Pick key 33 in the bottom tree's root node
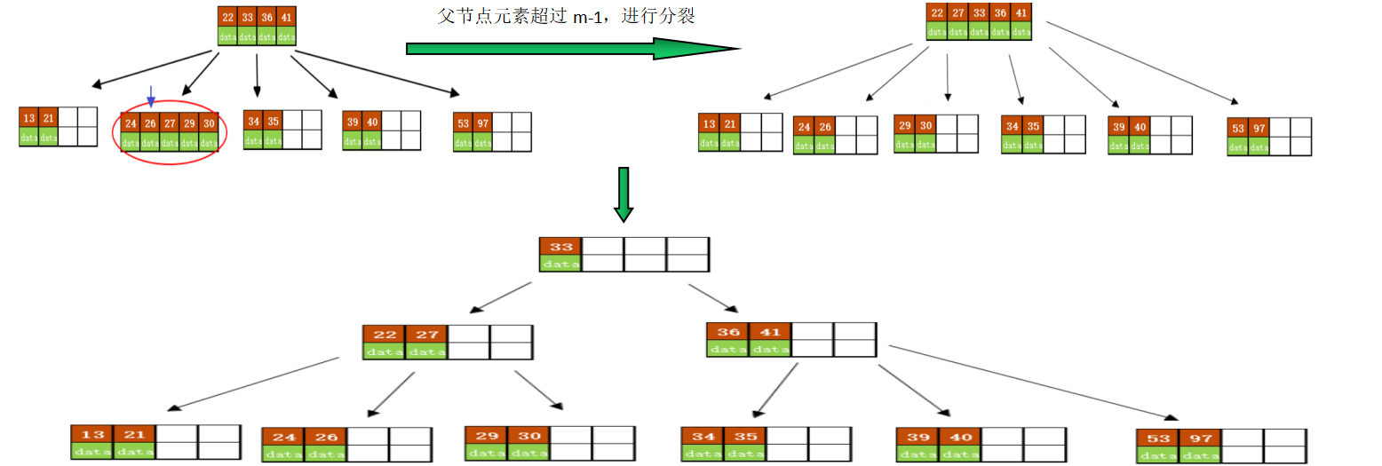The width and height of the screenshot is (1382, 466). coord(560,246)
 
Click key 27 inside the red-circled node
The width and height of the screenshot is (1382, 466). coord(169,123)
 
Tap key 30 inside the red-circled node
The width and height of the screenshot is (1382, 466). coord(208,123)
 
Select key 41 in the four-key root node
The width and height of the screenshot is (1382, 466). coord(285,17)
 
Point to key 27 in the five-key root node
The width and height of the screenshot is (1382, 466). coord(957,13)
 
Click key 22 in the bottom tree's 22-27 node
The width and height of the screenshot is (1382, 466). coord(385,334)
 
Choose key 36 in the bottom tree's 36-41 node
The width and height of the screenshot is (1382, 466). coord(728,332)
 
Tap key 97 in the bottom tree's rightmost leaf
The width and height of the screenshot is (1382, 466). coord(1201,438)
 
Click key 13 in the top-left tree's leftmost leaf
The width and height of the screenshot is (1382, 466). coord(29,119)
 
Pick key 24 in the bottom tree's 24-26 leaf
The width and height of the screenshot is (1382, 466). coord(283,438)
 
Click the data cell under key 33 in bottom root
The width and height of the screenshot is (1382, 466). coord(560,264)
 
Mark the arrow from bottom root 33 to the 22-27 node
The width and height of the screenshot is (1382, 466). coord(500,298)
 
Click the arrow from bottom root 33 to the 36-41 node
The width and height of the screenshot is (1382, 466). coord(712,298)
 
